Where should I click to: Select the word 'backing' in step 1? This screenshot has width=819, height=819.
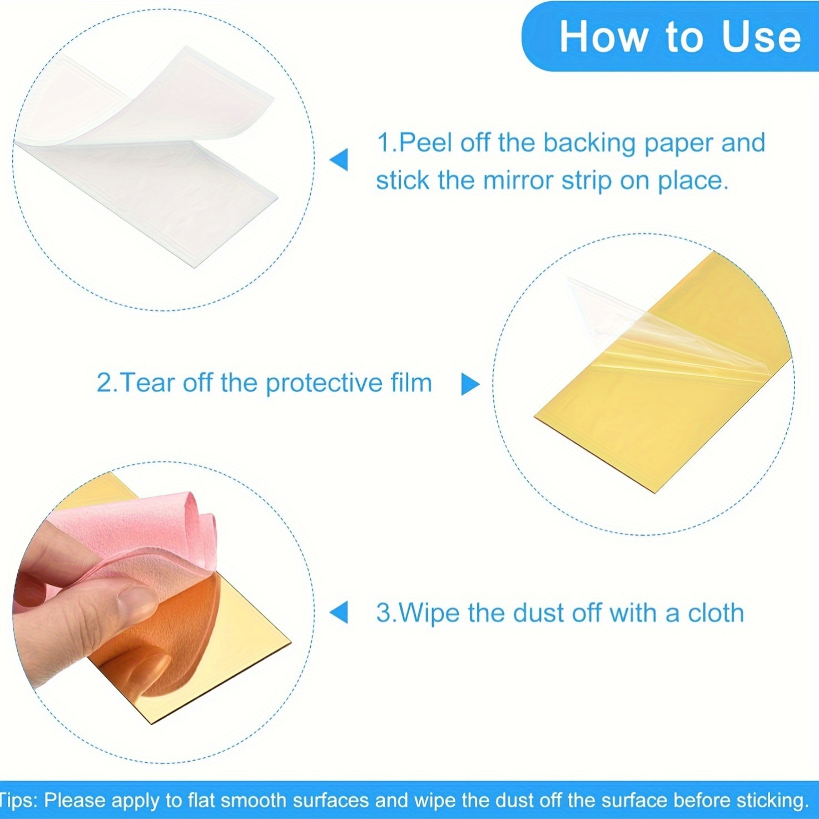589,143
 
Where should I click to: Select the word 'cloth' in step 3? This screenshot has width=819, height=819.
716,613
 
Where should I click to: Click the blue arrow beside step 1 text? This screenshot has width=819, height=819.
339,160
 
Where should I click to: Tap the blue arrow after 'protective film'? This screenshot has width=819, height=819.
470,384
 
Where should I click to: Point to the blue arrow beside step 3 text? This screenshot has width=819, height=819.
339,612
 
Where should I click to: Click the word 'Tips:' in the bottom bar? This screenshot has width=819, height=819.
20,801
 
